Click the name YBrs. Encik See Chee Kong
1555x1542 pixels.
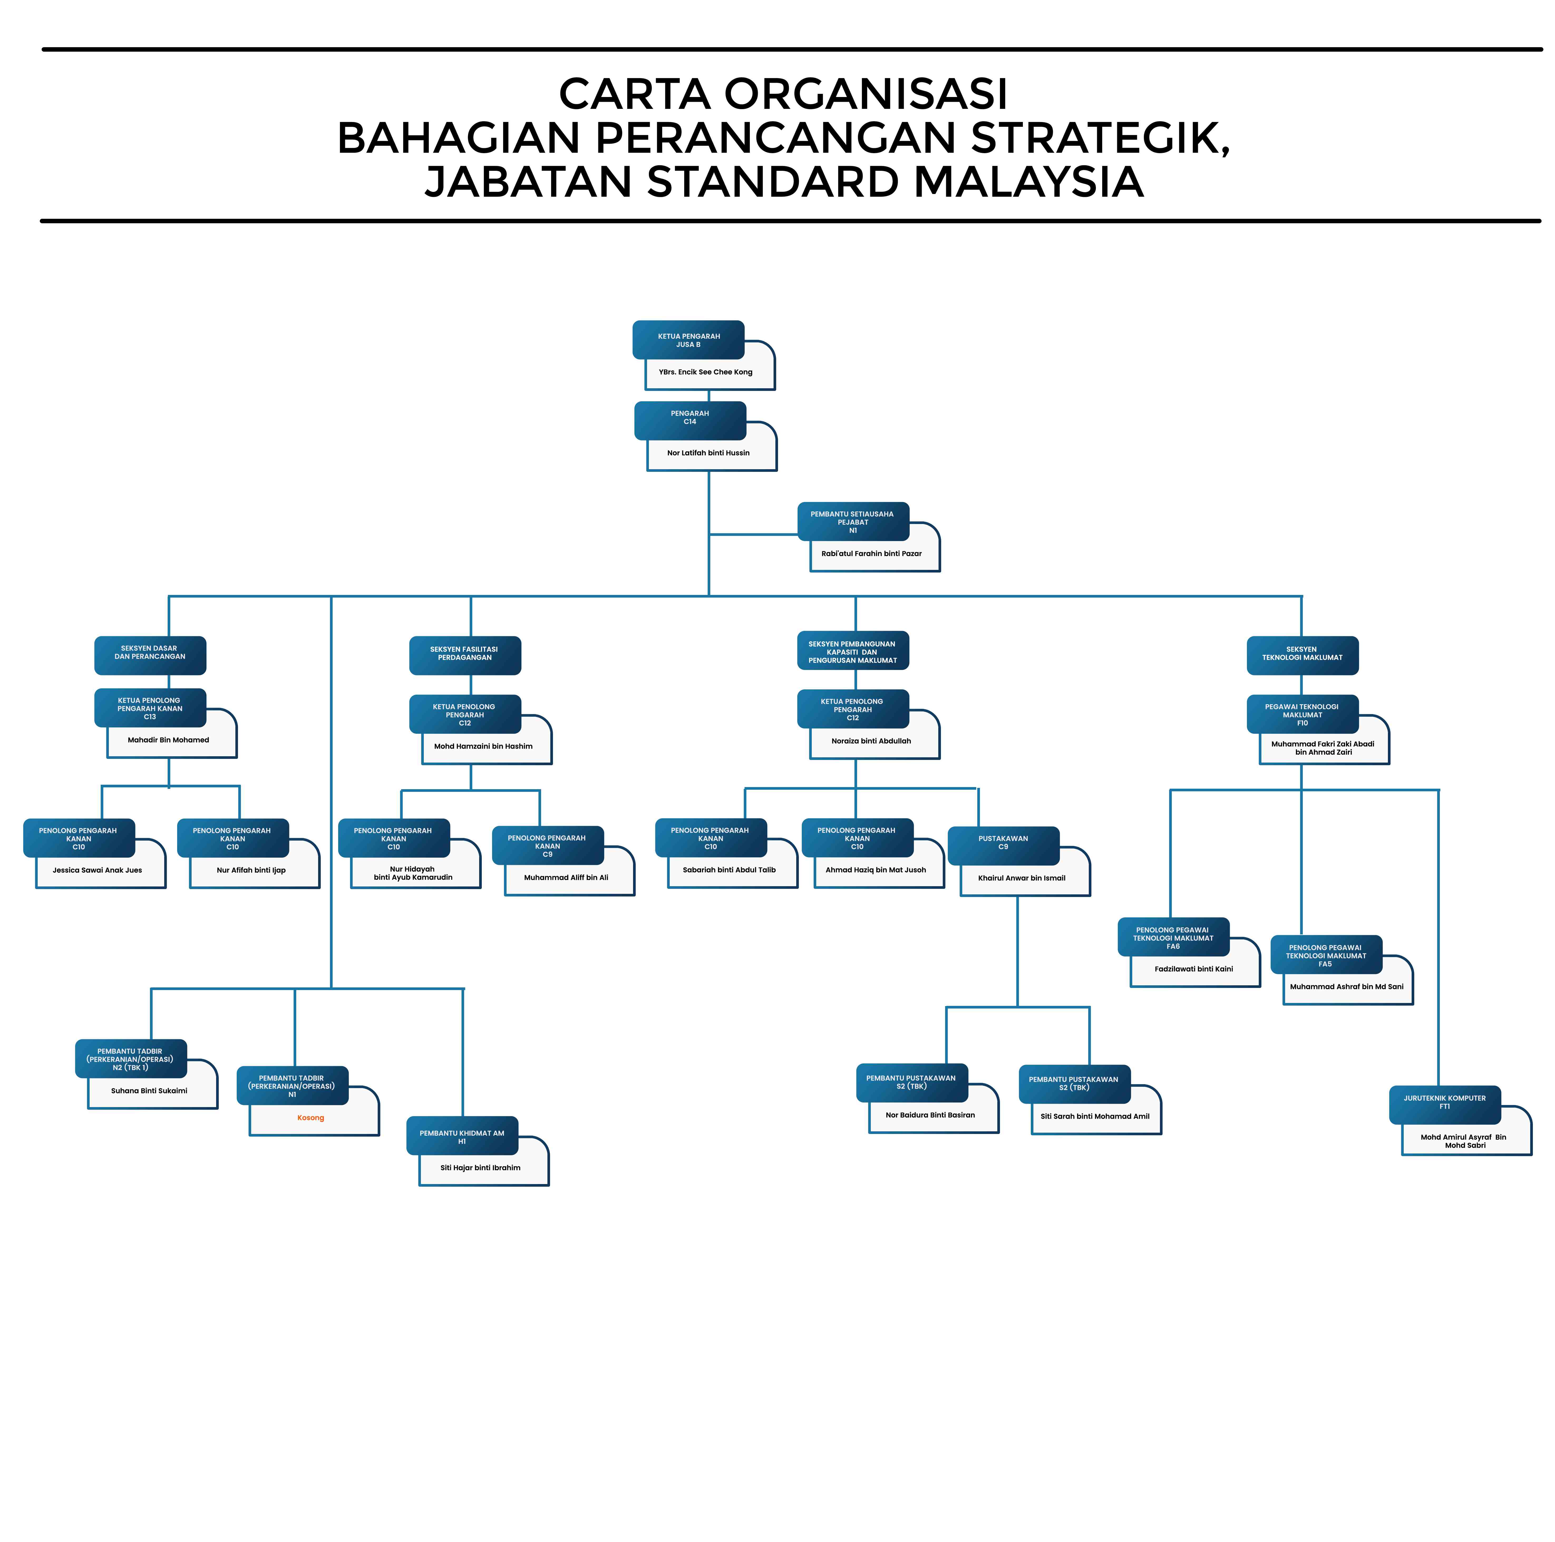(705, 372)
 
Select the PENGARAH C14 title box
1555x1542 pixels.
(690, 418)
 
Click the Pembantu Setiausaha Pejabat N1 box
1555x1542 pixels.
(852, 521)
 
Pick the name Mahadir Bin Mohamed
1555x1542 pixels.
(168, 740)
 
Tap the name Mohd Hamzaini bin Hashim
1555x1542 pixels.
(483, 746)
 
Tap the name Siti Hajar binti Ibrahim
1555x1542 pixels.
(480, 1168)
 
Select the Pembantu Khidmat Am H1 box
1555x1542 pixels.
(462, 1136)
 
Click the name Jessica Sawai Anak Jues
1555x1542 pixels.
(98, 870)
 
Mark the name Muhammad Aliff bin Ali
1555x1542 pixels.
(566, 877)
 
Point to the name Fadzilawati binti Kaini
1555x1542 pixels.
(1194, 969)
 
